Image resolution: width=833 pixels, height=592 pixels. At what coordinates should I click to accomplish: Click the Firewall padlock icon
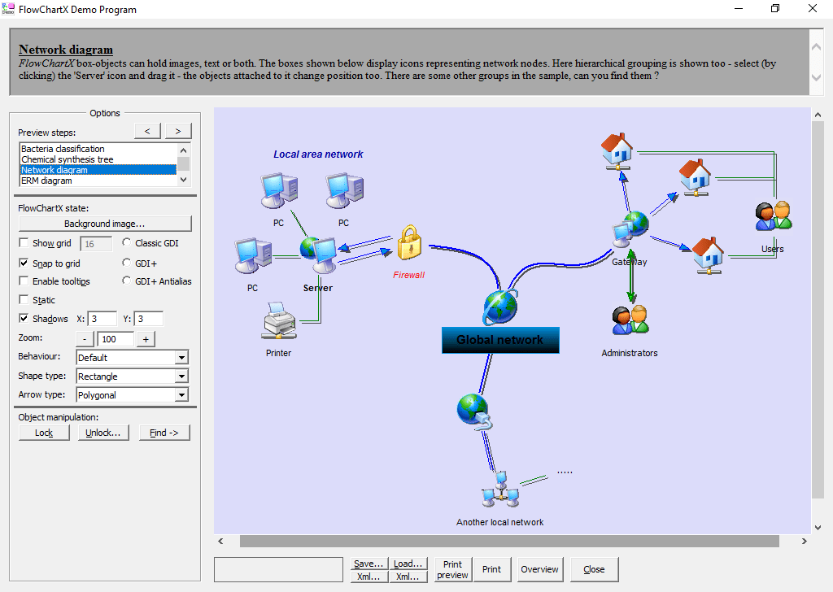point(409,244)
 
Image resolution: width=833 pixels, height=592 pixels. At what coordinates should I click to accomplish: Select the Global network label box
point(499,340)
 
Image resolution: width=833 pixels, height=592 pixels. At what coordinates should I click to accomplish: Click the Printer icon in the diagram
point(278,321)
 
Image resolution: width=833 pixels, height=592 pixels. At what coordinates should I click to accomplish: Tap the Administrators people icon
point(630,320)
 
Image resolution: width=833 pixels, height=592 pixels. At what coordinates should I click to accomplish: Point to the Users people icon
point(773,216)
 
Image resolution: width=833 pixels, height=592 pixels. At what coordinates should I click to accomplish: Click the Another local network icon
point(500,490)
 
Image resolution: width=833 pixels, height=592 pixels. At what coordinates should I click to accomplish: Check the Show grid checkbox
point(24,243)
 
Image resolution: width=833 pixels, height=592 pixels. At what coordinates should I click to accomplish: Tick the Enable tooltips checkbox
point(24,281)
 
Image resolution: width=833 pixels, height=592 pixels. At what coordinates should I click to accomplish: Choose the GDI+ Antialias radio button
point(127,281)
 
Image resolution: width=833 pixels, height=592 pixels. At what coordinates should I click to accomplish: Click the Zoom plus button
point(146,339)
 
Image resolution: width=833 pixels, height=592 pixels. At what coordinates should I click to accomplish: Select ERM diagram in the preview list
point(46,181)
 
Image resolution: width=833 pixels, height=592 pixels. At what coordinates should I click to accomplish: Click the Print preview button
point(452,569)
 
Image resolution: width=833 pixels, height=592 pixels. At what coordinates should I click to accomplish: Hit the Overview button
point(539,569)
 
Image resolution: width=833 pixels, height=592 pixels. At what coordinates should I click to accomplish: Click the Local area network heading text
point(318,155)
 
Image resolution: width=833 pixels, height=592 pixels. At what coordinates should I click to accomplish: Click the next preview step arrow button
point(178,131)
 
